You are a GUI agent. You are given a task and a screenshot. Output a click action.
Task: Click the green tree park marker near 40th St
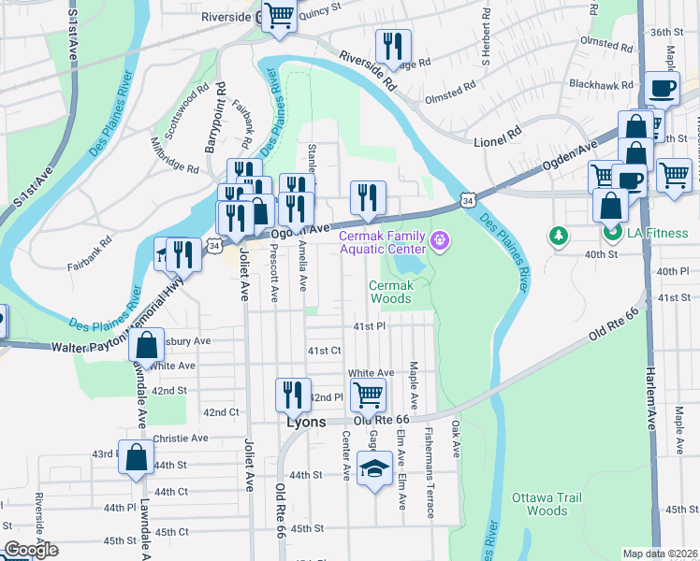point(559,234)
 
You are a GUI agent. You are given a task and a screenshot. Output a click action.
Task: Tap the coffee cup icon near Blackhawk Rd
point(663,89)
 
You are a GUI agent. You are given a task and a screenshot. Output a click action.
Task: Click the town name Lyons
point(305,422)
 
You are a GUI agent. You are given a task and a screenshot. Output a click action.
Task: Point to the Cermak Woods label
point(390,292)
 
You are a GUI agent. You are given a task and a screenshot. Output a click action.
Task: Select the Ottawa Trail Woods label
point(547,504)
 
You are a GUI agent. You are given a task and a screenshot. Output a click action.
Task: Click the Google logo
point(31,550)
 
